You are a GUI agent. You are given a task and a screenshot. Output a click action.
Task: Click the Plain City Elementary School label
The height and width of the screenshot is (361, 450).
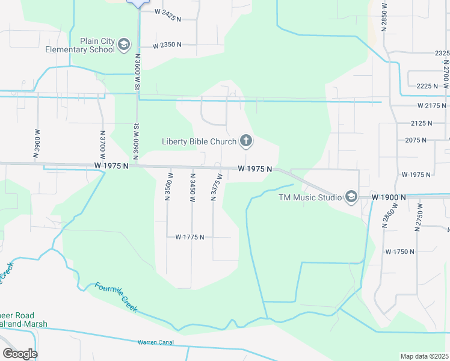coord(80,46)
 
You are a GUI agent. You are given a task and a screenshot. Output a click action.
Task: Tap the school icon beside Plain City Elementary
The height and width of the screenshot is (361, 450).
coord(124,45)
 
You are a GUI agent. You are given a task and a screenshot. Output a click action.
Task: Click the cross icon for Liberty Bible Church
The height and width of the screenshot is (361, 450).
coord(245,142)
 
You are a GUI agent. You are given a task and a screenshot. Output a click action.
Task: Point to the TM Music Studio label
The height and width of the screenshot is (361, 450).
coord(309,197)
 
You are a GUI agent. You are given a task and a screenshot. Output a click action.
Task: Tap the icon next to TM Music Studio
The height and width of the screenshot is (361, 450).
coord(351,197)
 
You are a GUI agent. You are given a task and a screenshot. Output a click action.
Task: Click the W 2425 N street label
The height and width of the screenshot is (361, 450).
coord(168,11)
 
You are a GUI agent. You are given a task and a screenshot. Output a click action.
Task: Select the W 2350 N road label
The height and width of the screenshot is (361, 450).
coord(167,45)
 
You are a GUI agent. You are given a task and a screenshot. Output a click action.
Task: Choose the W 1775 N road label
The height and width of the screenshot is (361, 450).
coord(190,237)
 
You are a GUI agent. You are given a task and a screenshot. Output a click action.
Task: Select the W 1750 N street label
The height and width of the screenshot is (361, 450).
coord(400,251)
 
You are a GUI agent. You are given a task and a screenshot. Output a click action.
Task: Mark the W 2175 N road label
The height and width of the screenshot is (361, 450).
coord(433,106)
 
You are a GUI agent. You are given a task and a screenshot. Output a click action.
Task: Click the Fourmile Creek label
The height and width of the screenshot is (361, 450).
coord(116,297)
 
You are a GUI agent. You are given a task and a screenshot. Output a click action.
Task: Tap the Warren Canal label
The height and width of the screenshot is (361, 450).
coord(156,342)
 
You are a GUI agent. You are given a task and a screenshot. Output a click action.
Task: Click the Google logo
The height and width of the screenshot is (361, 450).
coord(20,354)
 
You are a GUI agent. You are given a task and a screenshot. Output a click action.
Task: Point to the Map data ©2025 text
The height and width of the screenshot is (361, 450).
coord(424,356)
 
